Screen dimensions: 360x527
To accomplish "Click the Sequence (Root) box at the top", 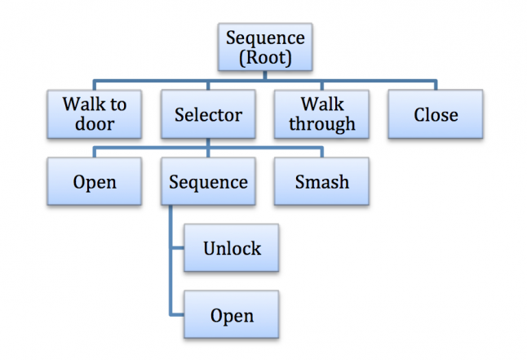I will [x=264, y=47].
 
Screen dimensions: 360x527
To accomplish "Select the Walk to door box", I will [x=94, y=114].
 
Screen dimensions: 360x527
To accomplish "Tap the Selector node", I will [x=208, y=114].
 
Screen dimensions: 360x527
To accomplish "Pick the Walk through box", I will [x=321, y=114].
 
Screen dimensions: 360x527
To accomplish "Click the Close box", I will [x=436, y=114].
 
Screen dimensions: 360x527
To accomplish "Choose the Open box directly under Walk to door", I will [x=94, y=181].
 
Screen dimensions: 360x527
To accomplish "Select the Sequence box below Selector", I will [x=208, y=181].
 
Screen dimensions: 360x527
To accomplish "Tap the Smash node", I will [x=321, y=181].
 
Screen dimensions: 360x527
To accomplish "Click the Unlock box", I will [x=232, y=247].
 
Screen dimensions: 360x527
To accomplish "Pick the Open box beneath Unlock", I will [x=232, y=314].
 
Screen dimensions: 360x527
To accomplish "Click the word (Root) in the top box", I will [x=264, y=57].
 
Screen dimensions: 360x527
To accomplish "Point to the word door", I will [x=94, y=124].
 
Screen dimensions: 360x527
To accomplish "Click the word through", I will [x=321, y=124].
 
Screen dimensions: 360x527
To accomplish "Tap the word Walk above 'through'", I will [x=321, y=104].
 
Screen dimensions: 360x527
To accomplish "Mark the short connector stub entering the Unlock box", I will [x=177, y=247].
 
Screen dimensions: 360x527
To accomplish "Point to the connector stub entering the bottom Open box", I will [x=177, y=314].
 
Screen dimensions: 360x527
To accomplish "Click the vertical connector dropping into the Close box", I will [x=436, y=85].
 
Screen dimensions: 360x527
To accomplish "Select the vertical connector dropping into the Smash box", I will [x=321, y=152].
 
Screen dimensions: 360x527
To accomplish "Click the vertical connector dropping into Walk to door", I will [x=94, y=85].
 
